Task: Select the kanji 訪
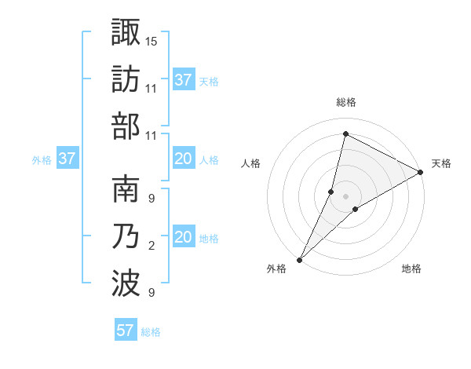[x=126, y=79]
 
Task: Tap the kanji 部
[x=126, y=126]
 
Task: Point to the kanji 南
[x=126, y=189]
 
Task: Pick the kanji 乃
[x=126, y=237]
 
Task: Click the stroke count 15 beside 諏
[x=152, y=40]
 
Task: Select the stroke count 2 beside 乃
[x=152, y=247]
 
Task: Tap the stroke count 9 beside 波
[x=152, y=294]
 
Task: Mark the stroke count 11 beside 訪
[x=152, y=88]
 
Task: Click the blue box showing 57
[x=126, y=331]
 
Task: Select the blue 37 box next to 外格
[x=67, y=159]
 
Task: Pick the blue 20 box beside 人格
[x=183, y=159]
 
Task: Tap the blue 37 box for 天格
[x=183, y=80]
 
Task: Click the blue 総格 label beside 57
[x=151, y=332]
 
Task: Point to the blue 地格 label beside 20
[x=209, y=239]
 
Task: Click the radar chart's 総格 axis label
[x=345, y=103]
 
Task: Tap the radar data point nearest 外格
[x=300, y=258]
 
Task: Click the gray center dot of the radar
[x=345, y=195]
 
